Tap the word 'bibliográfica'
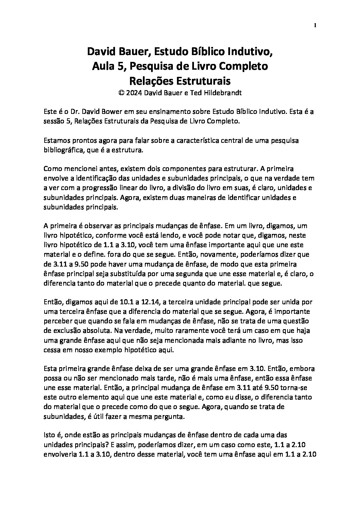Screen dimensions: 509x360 point(63,150)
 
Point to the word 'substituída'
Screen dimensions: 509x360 point(137,273)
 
